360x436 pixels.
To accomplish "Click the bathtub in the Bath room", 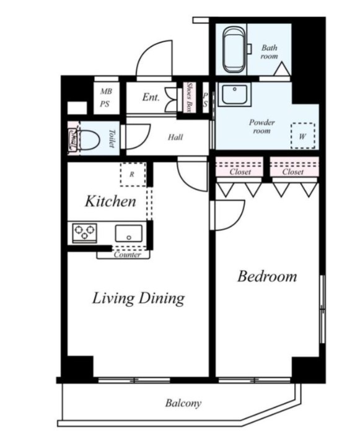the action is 235,50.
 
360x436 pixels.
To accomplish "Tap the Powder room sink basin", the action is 234,95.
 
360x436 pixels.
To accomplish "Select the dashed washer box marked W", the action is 303,136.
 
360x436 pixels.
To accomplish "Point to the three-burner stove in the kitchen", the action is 84,233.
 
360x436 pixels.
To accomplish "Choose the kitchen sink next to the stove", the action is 128,233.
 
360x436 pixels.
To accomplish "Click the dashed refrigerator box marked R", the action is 133,175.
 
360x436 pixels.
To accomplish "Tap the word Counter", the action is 127,255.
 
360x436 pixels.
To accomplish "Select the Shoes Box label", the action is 190,97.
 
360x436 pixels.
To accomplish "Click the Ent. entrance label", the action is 151,97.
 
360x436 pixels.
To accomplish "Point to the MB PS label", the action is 106,98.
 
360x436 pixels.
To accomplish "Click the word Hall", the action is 175,137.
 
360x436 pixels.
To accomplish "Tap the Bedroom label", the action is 267,277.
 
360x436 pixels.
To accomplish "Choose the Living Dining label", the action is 138,298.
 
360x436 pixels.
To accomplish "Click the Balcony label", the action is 183,403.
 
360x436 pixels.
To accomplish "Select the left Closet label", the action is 240,172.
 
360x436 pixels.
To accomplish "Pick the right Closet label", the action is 292,172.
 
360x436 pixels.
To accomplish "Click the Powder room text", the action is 261,126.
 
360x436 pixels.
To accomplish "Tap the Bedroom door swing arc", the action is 239,220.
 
